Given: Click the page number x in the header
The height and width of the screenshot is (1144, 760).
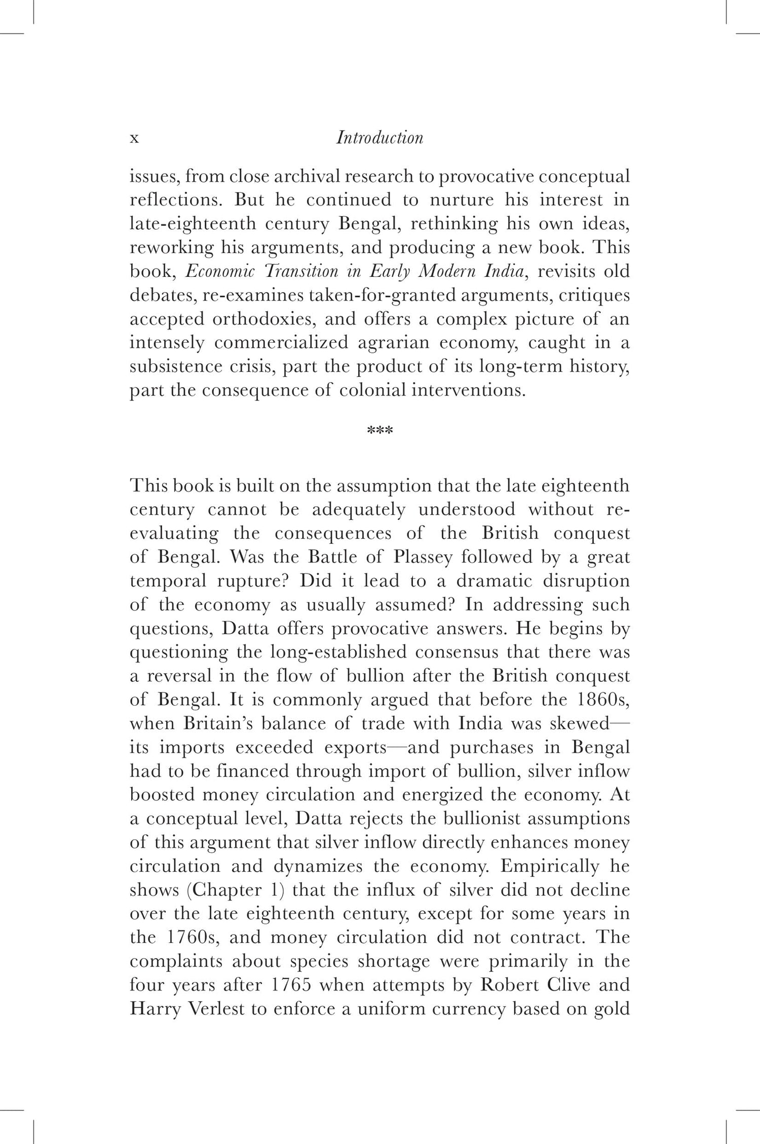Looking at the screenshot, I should pyautogui.click(x=134, y=138).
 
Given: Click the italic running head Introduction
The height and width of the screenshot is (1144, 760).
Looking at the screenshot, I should pyautogui.click(x=379, y=137).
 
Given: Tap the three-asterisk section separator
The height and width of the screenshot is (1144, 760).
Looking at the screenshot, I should pyautogui.click(x=379, y=431).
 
